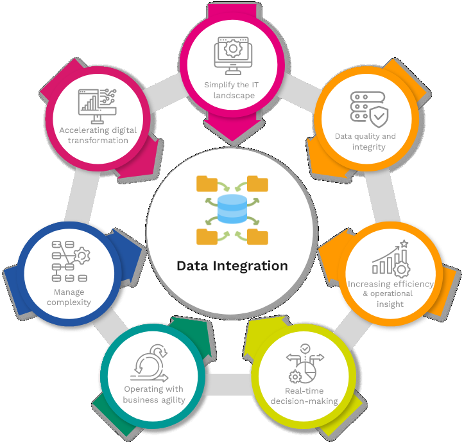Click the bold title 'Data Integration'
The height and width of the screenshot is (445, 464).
pyautogui.click(x=232, y=266)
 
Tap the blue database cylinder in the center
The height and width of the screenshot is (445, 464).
pyautogui.click(x=232, y=209)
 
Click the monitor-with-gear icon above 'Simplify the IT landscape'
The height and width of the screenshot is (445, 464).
pyautogui.click(x=233, y=56)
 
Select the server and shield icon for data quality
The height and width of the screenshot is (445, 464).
pyautogui.click(x=369, y=110)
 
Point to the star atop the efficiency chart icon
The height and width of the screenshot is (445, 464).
pyautogui.click(x=404, y=243)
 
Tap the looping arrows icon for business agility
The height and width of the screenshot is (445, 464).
pyautogui.click(x=150, y=363)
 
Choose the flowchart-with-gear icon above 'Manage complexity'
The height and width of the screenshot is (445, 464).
pyautogui.click(x=71, y=261)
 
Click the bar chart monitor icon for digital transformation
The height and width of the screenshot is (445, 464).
pyautogui.click(x=98, y=106)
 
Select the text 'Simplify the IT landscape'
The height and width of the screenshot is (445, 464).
pyautogui.click(x=232, y=90)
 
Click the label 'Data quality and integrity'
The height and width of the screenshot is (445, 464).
pyautogui.click(x=366, y=141)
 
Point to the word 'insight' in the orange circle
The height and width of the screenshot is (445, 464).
pyautogui.click(x=390, y=304)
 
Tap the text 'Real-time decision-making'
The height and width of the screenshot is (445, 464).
pyautogui.click(x=304, y=396)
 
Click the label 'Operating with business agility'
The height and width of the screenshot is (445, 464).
pyautogui.click(x=154, y=394)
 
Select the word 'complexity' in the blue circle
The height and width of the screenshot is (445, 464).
pyautogui.click(x=69, y=302)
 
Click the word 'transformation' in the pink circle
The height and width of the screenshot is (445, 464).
pyautogui.click(x=98, y=141)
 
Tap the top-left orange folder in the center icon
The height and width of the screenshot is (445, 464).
pyautogui.click(x=207, y=184)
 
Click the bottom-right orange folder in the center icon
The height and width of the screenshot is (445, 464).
pyautogui.click(x=257, y=236)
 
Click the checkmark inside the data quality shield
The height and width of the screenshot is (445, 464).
pyautogui.click(x=379, y=116)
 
